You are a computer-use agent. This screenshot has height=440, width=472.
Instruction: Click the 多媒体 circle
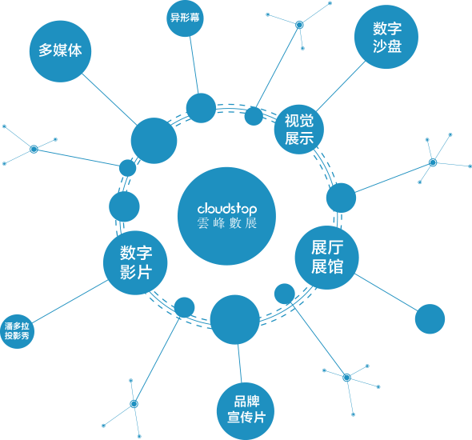point(60,51)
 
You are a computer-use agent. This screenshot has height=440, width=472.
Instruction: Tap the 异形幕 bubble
point(185,18)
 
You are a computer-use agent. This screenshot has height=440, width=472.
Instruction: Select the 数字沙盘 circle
point(386,37)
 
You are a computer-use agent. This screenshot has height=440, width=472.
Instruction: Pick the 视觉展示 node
point(299,130)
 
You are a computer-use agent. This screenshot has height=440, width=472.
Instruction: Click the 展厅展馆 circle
point(326,258)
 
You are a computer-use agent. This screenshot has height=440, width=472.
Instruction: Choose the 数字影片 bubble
point(135,262)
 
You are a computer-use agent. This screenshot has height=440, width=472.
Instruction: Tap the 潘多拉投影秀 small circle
point(17,331)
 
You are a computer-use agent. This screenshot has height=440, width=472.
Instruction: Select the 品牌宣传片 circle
point(246,411)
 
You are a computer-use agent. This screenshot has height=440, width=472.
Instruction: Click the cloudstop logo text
point(227,209)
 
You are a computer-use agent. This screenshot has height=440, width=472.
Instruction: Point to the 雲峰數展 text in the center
point(227,223)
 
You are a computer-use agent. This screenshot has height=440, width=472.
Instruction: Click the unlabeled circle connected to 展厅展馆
point(430,318)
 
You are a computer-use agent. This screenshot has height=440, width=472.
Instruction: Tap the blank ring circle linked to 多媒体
point(154,141)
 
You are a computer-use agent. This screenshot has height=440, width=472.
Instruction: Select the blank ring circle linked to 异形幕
point(201,108)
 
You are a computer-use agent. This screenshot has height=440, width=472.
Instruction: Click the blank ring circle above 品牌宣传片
point(234,319)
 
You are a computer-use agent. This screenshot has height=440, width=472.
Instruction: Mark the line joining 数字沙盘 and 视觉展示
point(341,86)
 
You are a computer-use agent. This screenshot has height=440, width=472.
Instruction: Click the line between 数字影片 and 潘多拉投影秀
point(70,302)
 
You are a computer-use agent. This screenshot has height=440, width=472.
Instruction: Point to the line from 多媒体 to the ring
point(110,99)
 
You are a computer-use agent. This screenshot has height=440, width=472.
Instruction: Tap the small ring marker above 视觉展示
point(299,25)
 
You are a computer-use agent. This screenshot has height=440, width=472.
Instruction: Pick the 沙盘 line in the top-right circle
point(387,46)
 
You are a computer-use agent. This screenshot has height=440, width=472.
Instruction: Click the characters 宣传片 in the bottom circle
point(246,418)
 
